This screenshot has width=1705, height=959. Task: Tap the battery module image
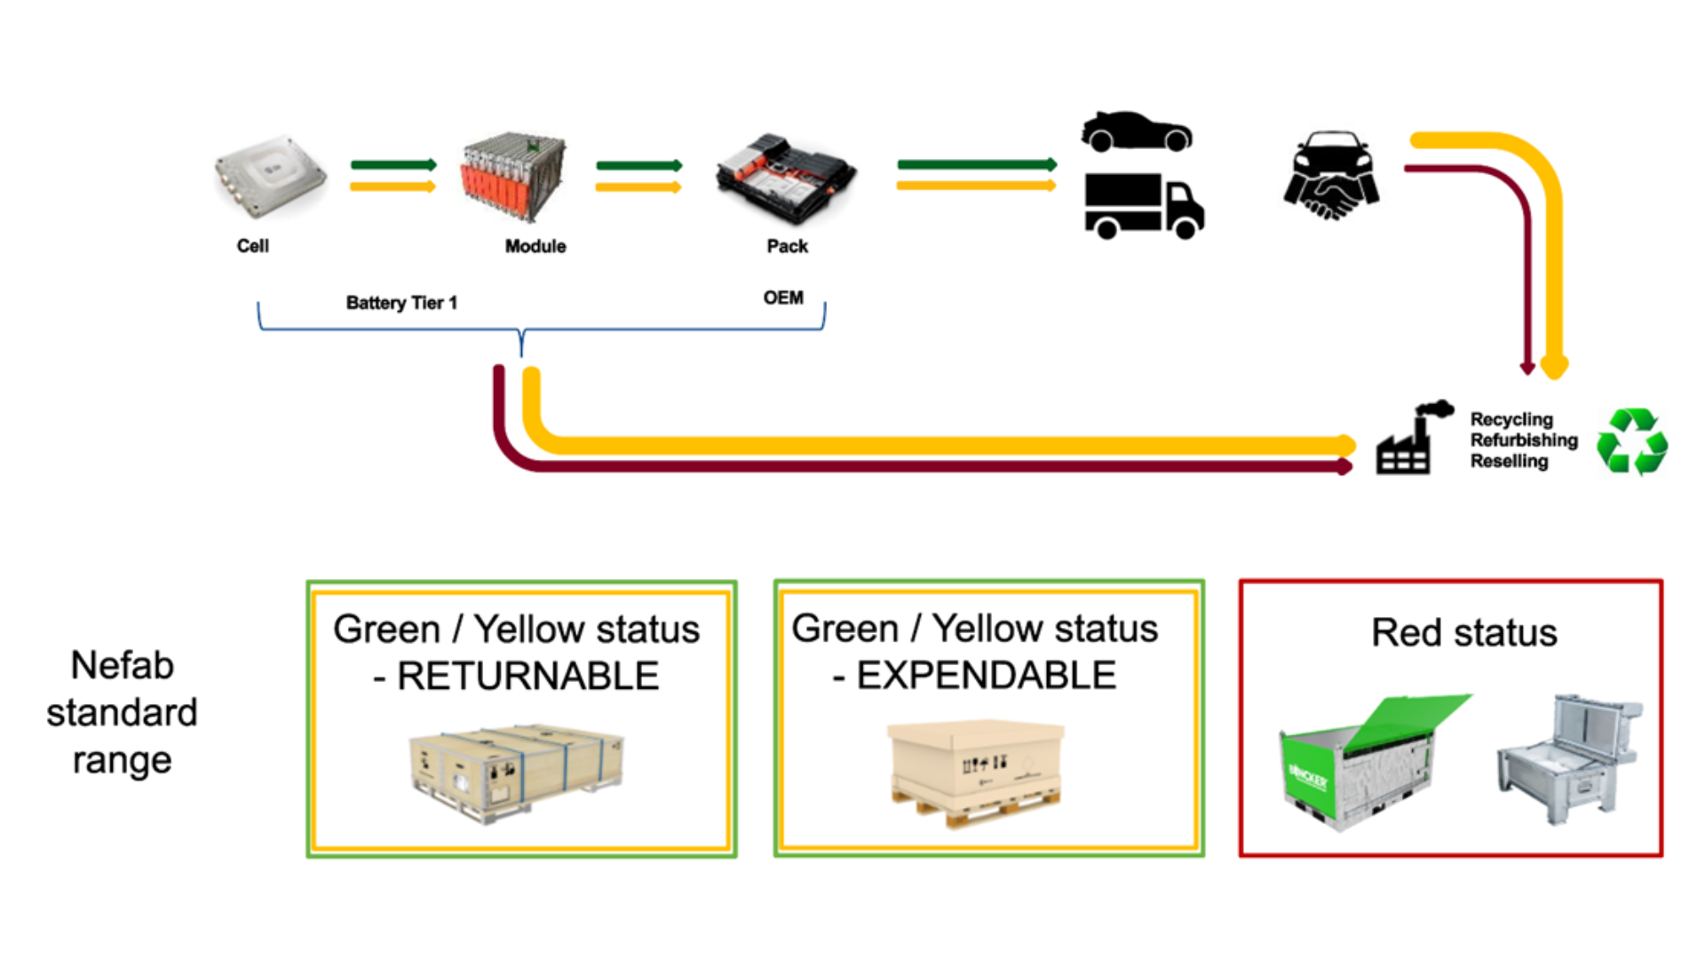[513, 178]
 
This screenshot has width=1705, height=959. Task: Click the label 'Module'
[535, 246]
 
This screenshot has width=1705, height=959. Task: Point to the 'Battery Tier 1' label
[401, 303]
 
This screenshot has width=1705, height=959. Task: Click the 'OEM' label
[783, 297]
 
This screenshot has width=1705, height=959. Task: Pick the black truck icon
[1143, 206]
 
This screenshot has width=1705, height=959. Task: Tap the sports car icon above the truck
[1136, 131]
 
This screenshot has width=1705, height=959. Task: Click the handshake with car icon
[1331, 176]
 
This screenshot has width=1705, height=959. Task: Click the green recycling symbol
[1632, 441]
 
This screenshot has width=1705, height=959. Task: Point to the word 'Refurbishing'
[1524, 440]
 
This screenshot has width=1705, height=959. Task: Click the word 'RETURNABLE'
[527, 677]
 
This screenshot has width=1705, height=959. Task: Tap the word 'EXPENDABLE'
[986, 676]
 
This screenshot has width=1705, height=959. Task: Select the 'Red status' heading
[1464, 633]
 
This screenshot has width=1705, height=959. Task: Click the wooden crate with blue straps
[516, 770]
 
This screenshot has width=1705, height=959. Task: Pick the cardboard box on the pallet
[975, 768]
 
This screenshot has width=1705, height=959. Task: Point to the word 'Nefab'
[122, 665]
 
